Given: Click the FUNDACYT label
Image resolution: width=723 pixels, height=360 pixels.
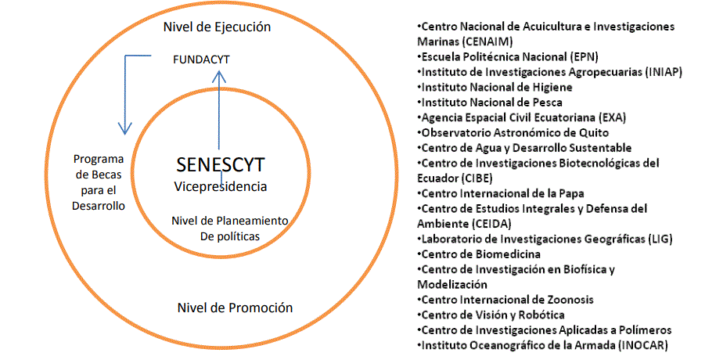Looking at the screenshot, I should tap(201, 59).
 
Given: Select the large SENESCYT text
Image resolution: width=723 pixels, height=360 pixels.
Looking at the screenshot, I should tap(220, 166).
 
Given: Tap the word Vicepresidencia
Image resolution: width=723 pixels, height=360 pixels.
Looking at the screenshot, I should tap(220, 186).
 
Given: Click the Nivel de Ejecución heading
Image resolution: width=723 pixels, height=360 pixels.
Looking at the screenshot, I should tap(217, 27).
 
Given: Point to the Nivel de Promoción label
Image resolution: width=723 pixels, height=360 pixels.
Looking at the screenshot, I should tap(235, 308).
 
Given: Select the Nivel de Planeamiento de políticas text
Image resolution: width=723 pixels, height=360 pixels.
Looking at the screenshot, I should tap(229, 227).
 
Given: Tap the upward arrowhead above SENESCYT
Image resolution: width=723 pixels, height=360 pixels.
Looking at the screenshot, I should tap(219, 75).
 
